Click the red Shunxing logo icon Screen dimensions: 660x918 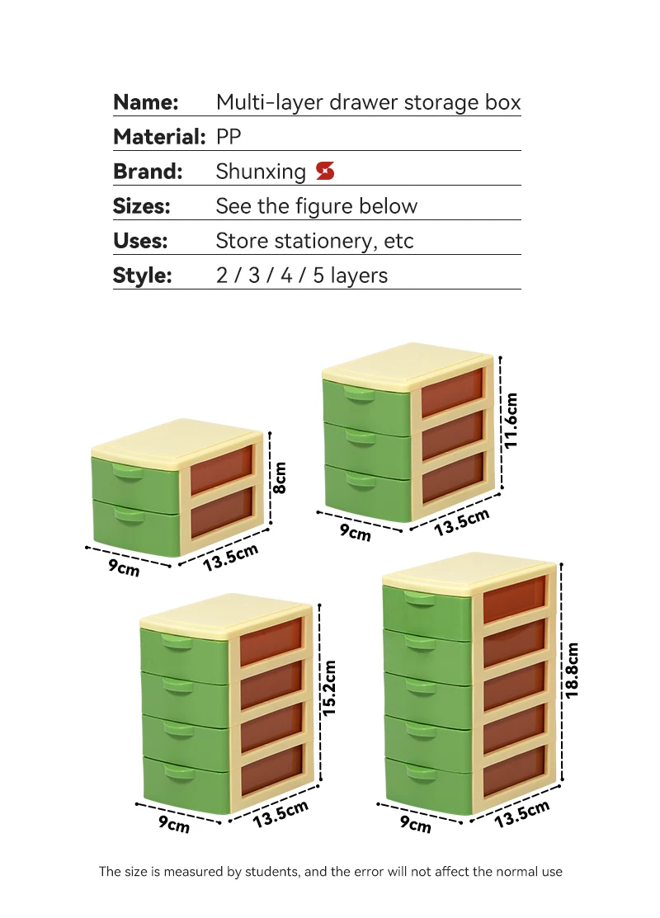325,172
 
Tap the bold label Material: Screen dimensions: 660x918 158,137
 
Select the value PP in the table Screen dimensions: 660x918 229,137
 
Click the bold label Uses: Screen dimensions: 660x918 140,241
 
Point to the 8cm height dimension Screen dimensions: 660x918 280,477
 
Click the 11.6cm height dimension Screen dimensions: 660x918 511,420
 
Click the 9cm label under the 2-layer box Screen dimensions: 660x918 124,567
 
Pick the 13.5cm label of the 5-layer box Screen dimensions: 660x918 522,814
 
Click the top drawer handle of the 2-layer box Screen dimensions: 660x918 128,473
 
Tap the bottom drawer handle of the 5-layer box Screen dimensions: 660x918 420,772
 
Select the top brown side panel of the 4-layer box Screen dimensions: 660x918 271,641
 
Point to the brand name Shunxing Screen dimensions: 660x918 261,172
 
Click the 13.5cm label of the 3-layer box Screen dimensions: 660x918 462,522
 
